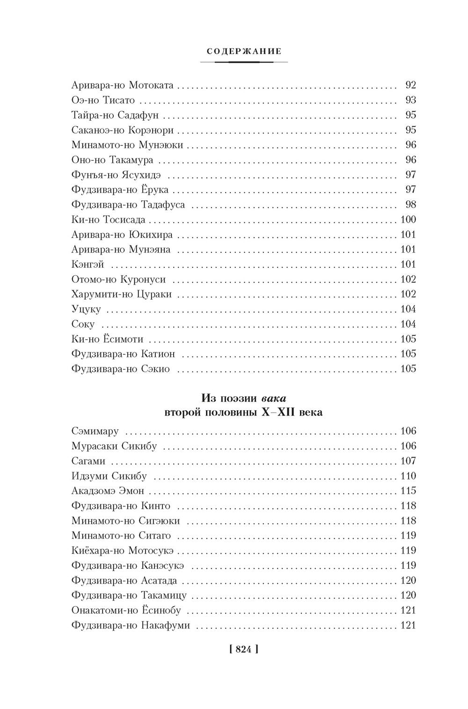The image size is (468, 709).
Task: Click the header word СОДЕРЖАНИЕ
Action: (244, 51)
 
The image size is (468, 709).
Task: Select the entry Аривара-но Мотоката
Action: (123, 85)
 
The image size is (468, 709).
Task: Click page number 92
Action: (410, 85)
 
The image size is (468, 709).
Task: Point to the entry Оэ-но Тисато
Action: (103, 100)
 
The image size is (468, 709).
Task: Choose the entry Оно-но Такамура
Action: (112, 160)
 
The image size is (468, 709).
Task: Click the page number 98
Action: (410, 205)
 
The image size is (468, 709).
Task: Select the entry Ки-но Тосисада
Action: (108, 220)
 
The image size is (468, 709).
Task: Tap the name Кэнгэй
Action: (88, 265)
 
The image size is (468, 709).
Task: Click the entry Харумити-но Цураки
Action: (122, 294)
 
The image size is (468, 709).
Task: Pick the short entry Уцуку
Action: (86, 309)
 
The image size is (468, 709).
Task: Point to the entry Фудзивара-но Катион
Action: (123, 354)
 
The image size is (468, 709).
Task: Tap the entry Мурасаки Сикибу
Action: (114, 446)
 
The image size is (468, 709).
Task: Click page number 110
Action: (408, 476)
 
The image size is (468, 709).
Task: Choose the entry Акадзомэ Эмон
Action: (108, 491)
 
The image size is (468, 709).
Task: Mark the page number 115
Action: (408, 491)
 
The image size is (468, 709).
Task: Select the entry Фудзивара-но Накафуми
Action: (131, 625)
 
